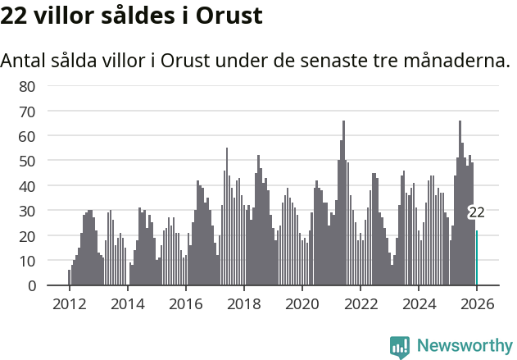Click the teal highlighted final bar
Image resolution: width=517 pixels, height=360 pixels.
pyautogui.click(x=477, y=258)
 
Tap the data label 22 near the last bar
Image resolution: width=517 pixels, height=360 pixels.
pyautogui.click(x=476, y=212)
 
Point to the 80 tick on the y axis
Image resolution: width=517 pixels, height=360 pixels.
pyautogui.click(x=27, y=86)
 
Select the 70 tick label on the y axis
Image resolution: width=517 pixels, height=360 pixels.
pyautogui.click(x=27, y=111)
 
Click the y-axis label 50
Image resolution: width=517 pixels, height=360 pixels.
pyautogui.click(x=27, y=161)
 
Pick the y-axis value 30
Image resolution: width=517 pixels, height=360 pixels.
pyautogui.click(x=27, y=211)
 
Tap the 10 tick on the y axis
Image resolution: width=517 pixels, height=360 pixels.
pyautogui.click(x=27, y=261)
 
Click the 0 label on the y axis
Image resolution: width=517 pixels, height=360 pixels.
pyautogui.click(x=31, y=285)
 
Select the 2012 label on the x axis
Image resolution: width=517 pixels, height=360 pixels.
pyautogui.click(x=69, y=303)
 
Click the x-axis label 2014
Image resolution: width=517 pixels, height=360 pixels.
pyautogui.click(x=127, y=303)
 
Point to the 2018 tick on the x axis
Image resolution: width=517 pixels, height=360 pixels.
pyautogui.click(x=243, y=303)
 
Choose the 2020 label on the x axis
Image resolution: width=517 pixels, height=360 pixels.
pyautogui.click(x=302, y=303)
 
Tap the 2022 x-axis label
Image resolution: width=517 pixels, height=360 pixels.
pyautogui.click(x=360, y=303)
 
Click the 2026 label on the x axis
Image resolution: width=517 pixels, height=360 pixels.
pyautogui.click(x=477, y=303)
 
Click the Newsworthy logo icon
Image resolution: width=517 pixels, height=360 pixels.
pyautogui.click(x=400, y=346)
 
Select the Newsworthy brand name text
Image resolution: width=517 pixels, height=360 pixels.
pyautogui.click(x=465, y=346)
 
